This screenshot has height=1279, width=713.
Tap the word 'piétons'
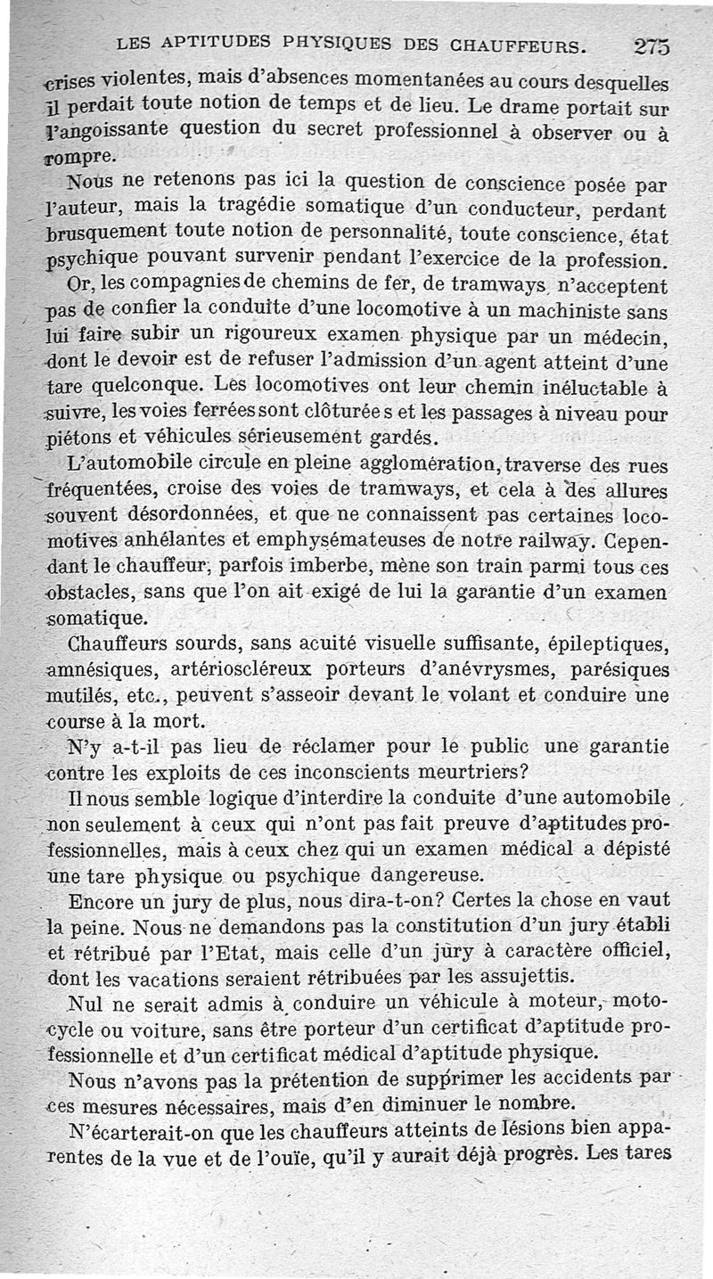click(x=78, y=439)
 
